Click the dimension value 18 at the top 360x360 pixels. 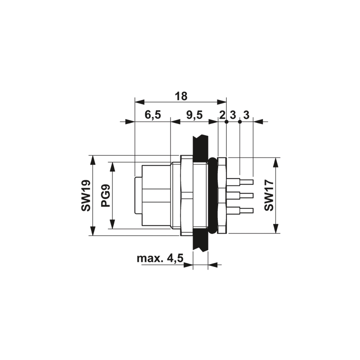click(181, 96)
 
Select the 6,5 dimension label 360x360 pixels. click(153, 115)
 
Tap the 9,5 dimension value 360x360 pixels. click(194, 115)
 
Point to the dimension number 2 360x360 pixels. click(222, 115)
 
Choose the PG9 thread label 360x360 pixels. click(106, 196)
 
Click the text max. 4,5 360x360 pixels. click(160, 258)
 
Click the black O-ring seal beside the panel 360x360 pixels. click(212, 195)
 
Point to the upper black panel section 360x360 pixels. click(200, 148)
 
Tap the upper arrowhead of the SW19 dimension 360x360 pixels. click(93, 160)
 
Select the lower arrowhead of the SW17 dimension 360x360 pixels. click(276, 229)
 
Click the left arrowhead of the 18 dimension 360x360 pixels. click(139, 102)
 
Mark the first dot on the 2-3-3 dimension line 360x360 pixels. click(226, 121)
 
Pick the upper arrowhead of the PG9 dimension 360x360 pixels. click(112, 166)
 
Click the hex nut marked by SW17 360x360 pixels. click(222, 195)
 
